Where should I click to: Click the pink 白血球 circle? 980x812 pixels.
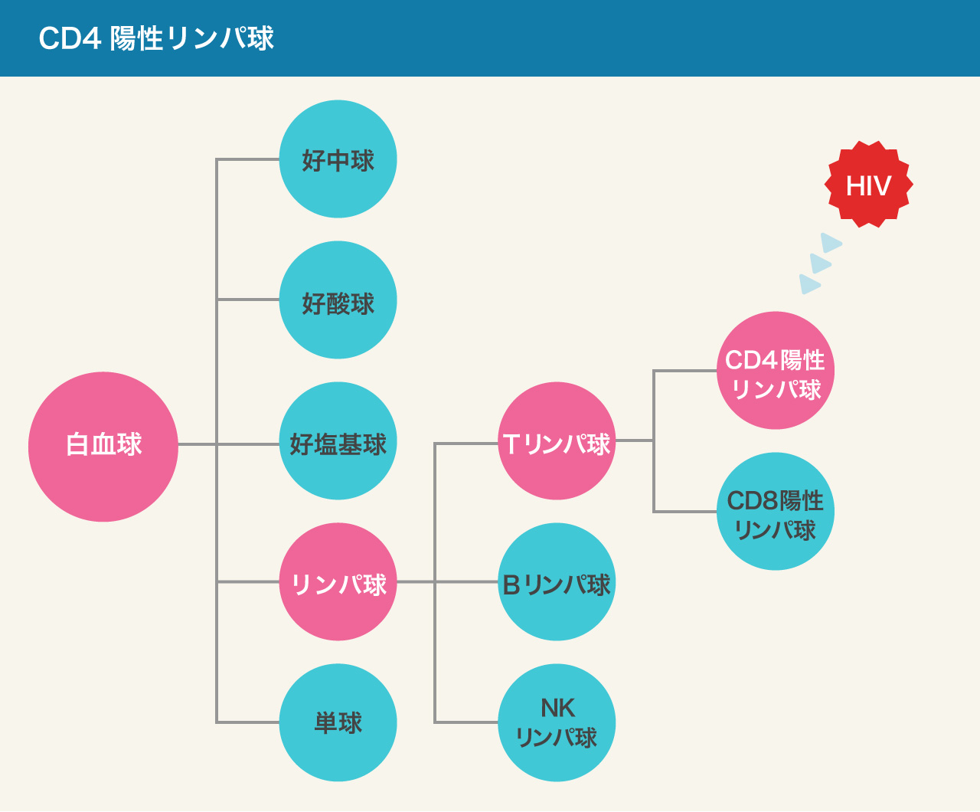(x=103, y=447)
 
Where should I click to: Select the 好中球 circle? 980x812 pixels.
(x=338, y=159)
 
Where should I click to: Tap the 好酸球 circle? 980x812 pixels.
(x=338, y=300)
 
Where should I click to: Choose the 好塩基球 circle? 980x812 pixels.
(x=338, y=441)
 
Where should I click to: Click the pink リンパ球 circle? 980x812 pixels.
(x=338, y=582)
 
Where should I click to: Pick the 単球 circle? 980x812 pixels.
(x=338, y=722)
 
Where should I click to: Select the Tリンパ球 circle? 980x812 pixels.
(x=557, y=441)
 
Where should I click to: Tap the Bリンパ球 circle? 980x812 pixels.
(x=557, y=582)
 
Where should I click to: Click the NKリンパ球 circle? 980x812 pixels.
(x=557, y=722)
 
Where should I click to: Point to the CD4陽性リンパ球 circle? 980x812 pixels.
(x=776, y=371)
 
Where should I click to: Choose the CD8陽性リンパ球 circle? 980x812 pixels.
(x=776, y=512)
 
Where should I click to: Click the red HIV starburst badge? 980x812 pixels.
(x=868, y=185)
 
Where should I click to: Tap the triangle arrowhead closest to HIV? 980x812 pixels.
(x=830, y=244)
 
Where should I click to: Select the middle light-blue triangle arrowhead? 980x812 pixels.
(x=819, y=264)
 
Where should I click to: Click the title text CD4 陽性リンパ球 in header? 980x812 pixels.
(x=156, y=38)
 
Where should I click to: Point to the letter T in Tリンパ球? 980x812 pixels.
(x=511, y=444)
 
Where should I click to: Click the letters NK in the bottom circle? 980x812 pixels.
(x=557, y=708)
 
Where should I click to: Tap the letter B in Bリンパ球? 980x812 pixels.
(x=511, y=584)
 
